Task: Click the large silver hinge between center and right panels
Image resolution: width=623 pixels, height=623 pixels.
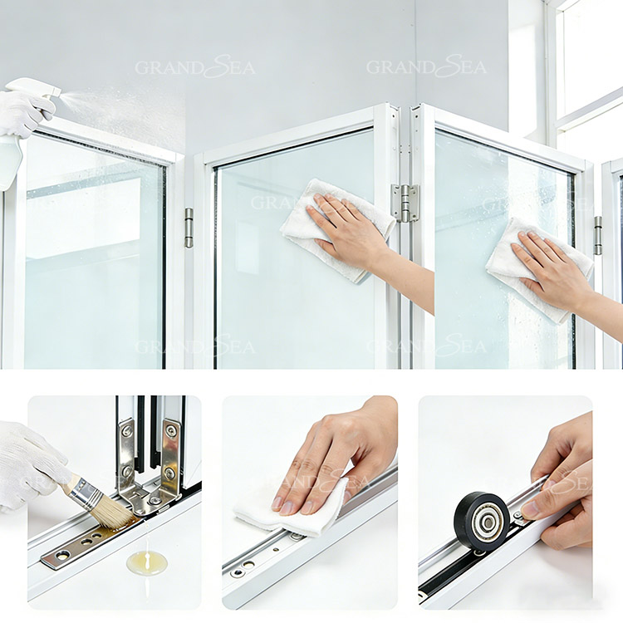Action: click(405, 203)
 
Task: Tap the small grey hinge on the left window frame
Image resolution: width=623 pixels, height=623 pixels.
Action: click(189, 228)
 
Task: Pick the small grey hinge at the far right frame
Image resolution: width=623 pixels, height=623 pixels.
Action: click(598, 235)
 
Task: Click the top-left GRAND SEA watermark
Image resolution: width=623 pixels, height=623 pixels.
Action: click(195, 67)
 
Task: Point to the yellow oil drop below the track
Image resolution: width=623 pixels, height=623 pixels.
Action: click(146, 562)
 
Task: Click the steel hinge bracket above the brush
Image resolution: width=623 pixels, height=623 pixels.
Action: click(150, 465)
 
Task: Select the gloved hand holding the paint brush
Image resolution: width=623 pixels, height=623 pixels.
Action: click(29, 465)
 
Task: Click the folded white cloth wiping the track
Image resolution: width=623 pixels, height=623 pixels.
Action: click(291, 511)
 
